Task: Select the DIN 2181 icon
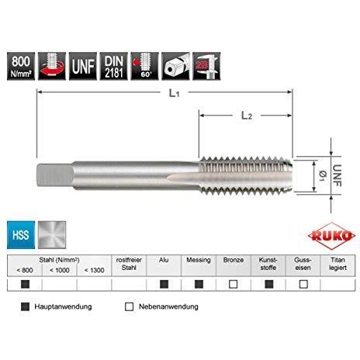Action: (x=114, y=63)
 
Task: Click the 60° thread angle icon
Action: (x=145, y=63)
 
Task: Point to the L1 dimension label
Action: (x=175, y=94)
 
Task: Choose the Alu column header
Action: (x=163, y=263)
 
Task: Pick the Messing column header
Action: (x=198, y=263)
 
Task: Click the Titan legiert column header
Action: (x=337, y=267)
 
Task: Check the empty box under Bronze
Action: (x=233, y=284)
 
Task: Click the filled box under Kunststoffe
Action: (x=268, y=284)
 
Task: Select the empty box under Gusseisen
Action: (x=303, y=284)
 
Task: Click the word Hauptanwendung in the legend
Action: (x=63, y=306)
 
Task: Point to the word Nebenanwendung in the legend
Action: (x=168, y=306)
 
